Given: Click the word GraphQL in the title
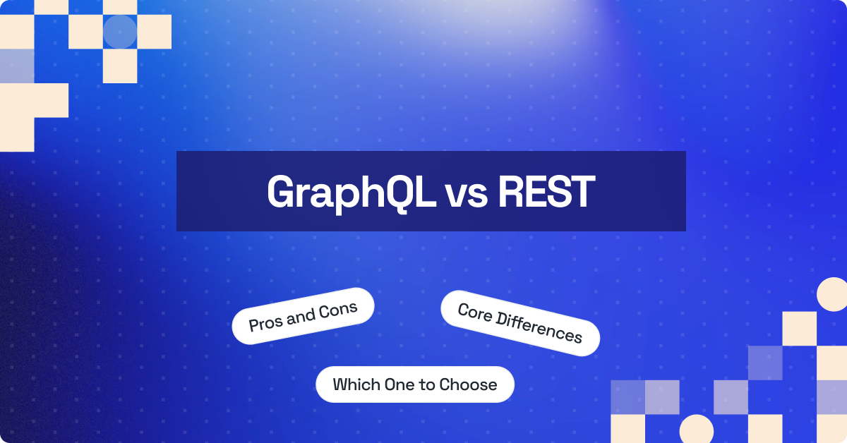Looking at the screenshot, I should pos(351,192).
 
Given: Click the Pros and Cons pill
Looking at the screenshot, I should pos(303,316).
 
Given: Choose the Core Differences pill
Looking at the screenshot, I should pos(520,323).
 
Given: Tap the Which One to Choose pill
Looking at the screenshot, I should pos(415,384).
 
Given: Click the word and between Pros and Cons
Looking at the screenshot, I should pos(301,317).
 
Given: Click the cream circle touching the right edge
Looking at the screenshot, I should pos(832,294).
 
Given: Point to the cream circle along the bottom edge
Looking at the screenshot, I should pos(696,430).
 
